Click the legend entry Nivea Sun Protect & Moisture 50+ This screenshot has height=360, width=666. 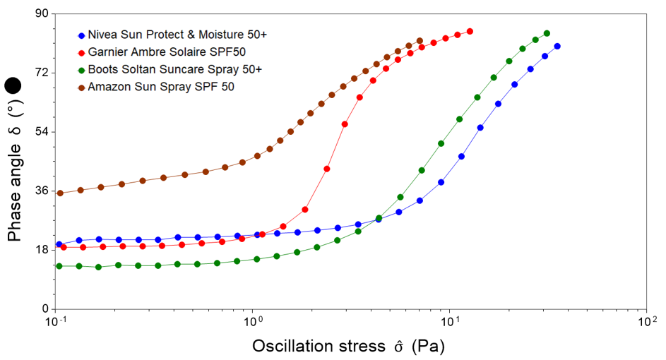(x=177, y=35)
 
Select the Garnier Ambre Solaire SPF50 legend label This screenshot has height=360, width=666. (x=167, y=52)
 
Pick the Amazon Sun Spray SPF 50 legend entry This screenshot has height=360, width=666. (x=161, y=87)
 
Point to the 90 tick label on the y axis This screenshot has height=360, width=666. (x=42, y=14)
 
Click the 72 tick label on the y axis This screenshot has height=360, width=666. (x=42, y=73)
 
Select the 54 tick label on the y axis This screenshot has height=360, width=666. (x=42, y=132)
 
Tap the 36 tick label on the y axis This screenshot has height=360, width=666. (x=42, y=191)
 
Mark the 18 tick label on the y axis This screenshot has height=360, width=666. (x=42, y=250)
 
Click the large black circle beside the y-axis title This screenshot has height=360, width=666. (x=13, y=87)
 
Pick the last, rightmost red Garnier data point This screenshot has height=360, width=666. (x=470, y=31)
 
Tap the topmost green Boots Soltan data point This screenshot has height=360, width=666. (x=547, y=33)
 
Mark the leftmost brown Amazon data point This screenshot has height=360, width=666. (x=60, y=193)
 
